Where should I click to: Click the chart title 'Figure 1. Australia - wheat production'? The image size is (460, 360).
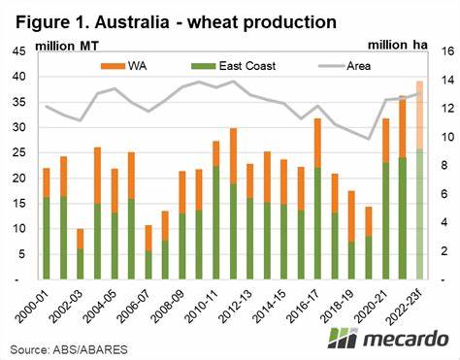[175, 19]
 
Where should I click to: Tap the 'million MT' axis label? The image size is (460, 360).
[68, 45]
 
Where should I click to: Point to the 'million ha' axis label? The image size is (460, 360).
[401, 45]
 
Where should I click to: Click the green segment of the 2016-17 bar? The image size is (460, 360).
[317, 223]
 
